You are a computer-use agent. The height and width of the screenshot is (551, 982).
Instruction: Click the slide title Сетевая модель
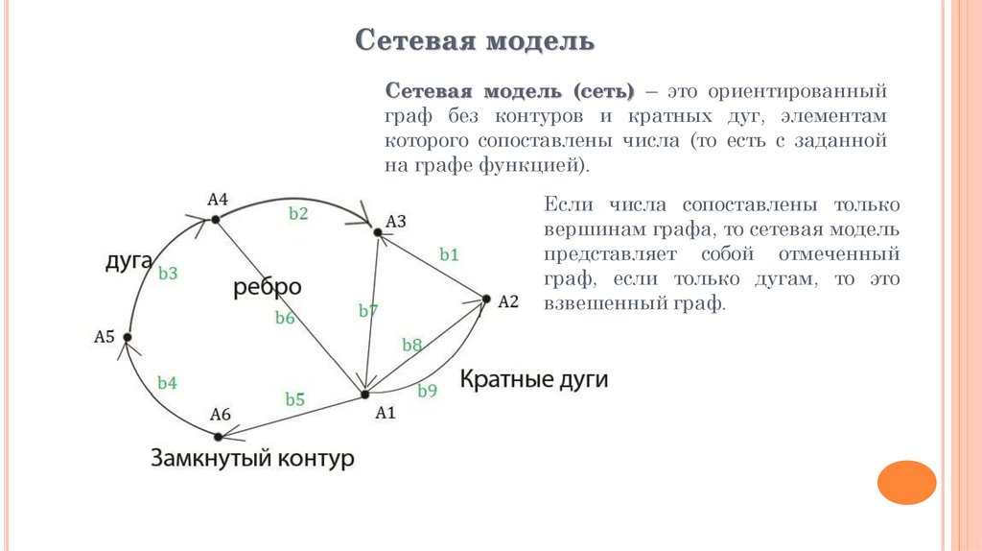click(x=476, y=41)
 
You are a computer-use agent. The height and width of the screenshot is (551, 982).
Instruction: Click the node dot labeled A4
click(x=216, y=220)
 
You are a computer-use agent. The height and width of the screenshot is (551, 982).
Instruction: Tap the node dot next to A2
click(x=486, y=299)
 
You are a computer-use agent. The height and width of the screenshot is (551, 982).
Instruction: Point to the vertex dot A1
click(x=364, y=394)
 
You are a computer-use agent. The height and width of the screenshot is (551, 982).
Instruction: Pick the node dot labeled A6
click(x=219, y=436)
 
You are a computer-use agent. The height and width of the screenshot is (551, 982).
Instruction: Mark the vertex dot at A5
click(x=127, y=337)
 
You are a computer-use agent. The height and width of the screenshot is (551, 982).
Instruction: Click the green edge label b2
click(x=298, y=214)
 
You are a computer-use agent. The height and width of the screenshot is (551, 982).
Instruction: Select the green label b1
click(x=449, y=254)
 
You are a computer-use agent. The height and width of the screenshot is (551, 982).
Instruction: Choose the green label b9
click(x=427, y=390)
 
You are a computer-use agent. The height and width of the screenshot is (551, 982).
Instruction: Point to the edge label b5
click(x=294, y=398)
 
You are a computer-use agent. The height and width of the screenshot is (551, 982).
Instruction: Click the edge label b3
click(x=168, y=274)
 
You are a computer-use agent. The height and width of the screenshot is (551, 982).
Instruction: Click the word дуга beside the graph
click(x=129, y=262)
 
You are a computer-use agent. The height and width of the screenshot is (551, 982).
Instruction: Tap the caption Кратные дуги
click(x=534, y=379)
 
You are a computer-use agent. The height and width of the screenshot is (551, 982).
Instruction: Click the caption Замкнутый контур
click(x=252, y=458)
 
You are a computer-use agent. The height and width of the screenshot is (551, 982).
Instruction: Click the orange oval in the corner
click(x=906, y=482)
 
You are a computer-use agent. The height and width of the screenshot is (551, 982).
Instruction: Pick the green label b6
click(x=285, y=319)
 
